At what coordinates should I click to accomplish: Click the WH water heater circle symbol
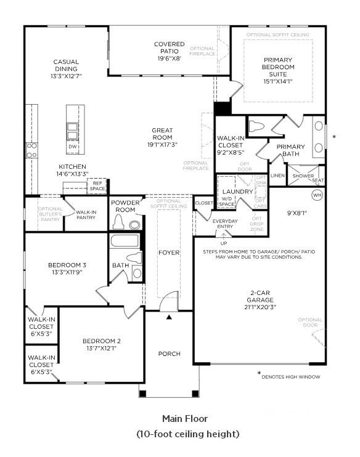point(317,195)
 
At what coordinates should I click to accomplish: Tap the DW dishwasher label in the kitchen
point(73,147)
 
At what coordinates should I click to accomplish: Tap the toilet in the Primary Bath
point(258,126)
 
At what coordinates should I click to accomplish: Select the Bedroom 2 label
point(102,341)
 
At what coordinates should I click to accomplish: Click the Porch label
point(170,354)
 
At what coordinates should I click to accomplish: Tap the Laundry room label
point(238,192)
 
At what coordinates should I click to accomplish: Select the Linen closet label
point(277,176)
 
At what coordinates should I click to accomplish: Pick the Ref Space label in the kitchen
point(97,185)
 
